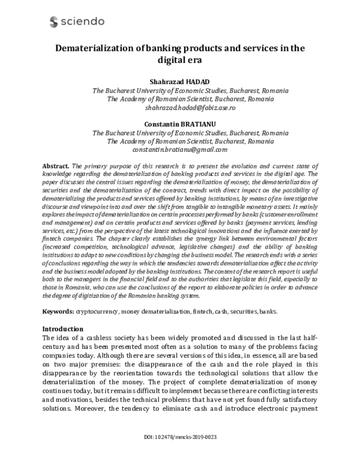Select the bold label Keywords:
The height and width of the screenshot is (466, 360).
pyautogui.click(x=58, y=313)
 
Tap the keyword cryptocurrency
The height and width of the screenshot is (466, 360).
pyautogui.click(x=97, y=313)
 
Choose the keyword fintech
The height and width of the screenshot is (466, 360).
pyautogui.click(x=205, y=313)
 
